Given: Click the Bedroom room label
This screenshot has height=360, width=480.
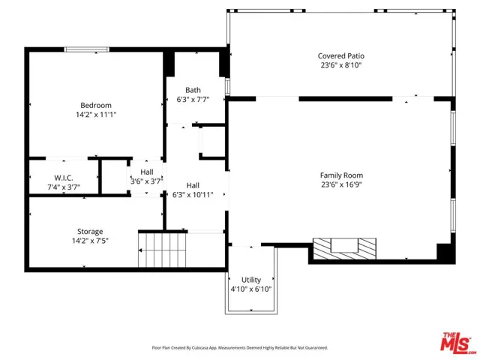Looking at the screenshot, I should click(x=96, y=105).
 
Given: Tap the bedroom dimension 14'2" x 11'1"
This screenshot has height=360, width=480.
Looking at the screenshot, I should click(x=96, y=115).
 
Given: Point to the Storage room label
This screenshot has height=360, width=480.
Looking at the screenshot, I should click(x=90, y=232).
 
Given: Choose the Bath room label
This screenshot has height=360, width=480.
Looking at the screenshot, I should click(x=193, y=90).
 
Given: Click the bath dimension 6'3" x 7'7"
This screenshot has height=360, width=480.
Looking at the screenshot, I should click(x=193, y=100).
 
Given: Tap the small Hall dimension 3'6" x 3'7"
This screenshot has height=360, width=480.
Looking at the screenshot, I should click(x=146, y=181).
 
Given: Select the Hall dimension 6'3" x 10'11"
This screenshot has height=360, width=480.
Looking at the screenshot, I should click(x=193, y=195).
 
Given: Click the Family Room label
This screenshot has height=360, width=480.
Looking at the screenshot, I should click(x=341, y=175).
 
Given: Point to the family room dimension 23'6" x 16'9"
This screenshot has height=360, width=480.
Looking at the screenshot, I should click(x=341, y=184).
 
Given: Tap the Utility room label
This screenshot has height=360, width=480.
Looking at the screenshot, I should click(x=251, y=280).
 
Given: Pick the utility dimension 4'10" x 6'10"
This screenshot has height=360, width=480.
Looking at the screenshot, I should click(x=251, y=289).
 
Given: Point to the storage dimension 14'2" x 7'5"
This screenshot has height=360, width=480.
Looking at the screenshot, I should click(x=90, y=241).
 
